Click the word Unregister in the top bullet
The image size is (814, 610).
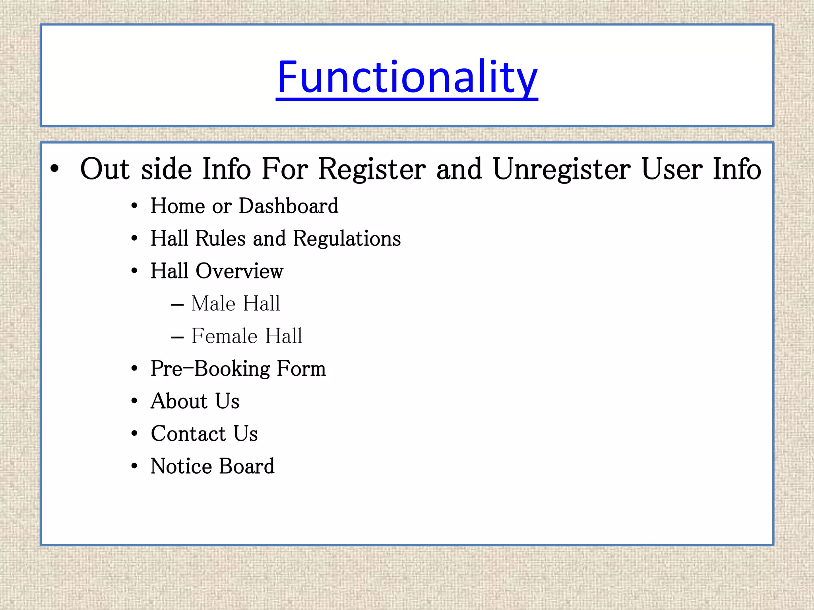562,170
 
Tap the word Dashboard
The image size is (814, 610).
289,206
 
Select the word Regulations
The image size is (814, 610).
347,239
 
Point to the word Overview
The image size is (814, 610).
239,271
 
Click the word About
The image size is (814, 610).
179,401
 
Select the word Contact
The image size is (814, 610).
188,434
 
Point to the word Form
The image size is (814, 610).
301,369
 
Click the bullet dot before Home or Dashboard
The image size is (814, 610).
134,207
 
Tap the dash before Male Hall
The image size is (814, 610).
177,305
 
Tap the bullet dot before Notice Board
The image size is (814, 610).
134,467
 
